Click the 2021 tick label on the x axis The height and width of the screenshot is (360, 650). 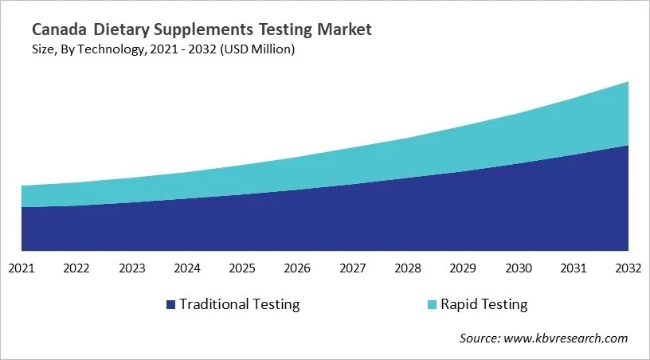tap(22, 269)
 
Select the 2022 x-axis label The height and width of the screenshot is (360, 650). tap(76, 269)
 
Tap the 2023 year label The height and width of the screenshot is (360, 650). tap(131, 269)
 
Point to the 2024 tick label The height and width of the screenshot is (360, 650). tap(187, 269)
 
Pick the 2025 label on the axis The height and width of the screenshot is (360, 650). tap(242, 269)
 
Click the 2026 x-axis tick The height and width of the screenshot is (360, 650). tap(297, 269)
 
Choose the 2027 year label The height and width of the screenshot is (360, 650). tap(353, 269)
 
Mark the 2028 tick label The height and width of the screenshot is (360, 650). tap(408, 269)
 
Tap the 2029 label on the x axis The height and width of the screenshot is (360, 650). tap(463, 269)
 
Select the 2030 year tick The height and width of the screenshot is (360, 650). tap(519, 269)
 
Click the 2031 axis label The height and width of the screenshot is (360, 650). tap(574, 269)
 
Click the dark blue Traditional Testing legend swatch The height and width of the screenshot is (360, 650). tap(170, 304)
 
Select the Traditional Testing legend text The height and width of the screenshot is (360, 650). tap(239, 304)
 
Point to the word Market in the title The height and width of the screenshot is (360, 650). tap(342, 30)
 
